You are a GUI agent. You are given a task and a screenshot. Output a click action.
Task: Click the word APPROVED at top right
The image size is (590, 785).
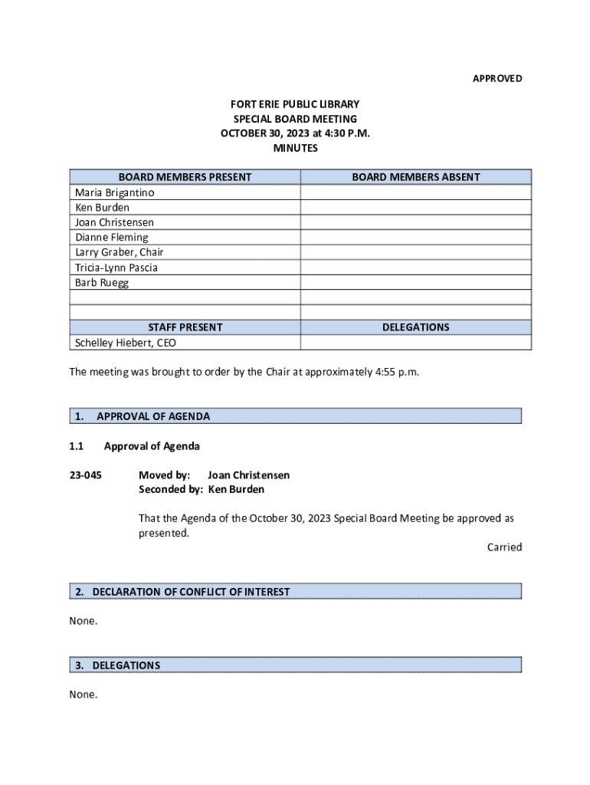pos(497,79)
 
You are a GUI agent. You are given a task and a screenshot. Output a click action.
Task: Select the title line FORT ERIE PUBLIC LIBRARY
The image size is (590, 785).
pos(295,104)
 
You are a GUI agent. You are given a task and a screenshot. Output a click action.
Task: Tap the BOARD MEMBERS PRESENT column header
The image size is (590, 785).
pos(185,177)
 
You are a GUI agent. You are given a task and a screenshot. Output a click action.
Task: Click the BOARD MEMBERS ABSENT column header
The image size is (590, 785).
pos(415,177)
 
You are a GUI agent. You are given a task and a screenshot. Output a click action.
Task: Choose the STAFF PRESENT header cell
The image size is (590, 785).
pos(185,327)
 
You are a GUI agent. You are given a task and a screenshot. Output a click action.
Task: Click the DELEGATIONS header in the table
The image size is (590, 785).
pos(415,327)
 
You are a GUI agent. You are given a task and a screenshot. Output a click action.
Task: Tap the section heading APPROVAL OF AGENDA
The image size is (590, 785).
pos(153,416)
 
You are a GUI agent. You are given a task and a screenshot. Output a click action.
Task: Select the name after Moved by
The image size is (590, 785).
pos(248,475)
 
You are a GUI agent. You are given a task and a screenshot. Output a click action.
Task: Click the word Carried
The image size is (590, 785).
pos(504,547)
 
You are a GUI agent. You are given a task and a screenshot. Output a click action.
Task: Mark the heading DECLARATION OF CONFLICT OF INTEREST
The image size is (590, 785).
pos(191,592)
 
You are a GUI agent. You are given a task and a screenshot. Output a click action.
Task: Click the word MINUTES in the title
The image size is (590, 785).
pos(295,148)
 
